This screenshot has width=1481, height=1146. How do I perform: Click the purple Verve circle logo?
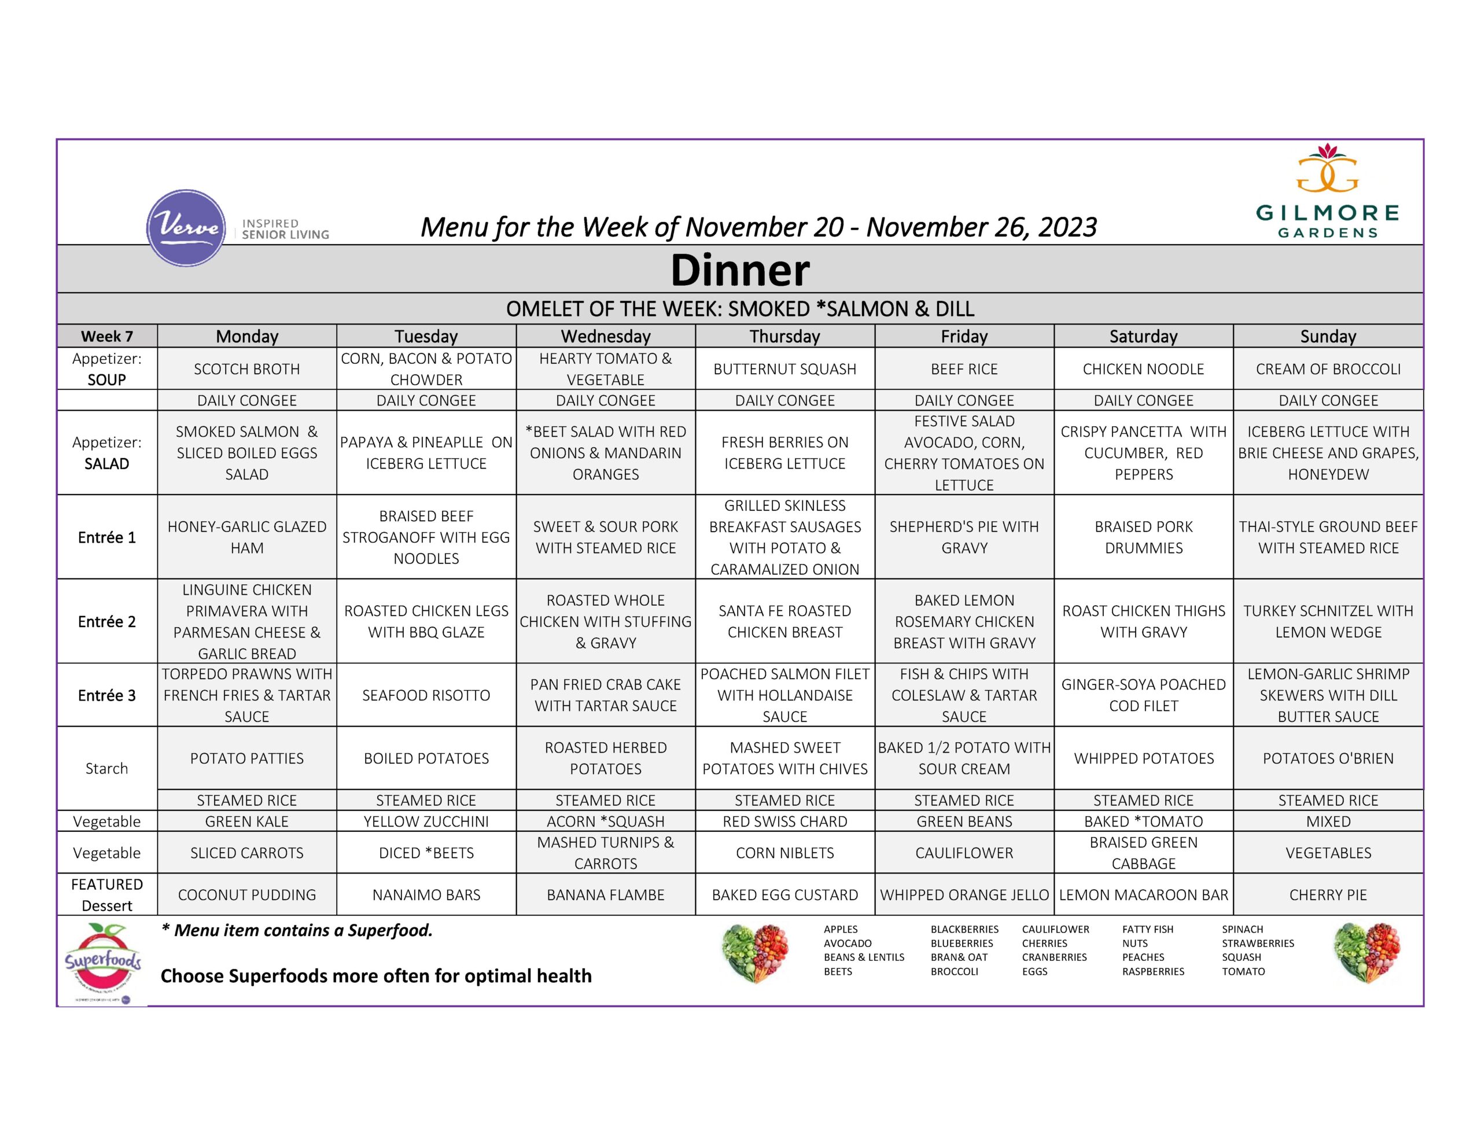[x=186, y=228]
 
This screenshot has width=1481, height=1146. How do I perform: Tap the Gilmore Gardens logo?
[x=1327, y=191]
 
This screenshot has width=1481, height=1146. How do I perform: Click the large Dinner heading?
[x=740, y=270]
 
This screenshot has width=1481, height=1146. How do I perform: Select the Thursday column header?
[x=784, y=336]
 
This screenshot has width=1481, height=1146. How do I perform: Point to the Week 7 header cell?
[x=107, y=336]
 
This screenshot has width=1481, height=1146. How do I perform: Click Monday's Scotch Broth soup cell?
[x=247, y=369]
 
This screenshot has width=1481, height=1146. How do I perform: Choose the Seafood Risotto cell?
[x=426, y=695]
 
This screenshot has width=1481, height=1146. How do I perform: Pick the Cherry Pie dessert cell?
[x=1328, y=894]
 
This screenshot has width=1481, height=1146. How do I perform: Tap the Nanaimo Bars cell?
[x=426, y=894]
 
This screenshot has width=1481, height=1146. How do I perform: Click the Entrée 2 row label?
[x=107, y=621]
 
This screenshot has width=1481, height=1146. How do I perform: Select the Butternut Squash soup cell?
[x=784, y=369]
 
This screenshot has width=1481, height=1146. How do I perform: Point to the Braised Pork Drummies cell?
[x=1143, y=537]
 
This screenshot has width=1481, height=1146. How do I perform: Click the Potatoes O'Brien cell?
[x=1328, y=758]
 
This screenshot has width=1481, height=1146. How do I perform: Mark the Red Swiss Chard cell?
[x=784, y=821]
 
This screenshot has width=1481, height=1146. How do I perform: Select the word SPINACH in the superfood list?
[x=1242, y=929]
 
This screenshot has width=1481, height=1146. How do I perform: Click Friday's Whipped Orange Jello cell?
[x=964, y=894]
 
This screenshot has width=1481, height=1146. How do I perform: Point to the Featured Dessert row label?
[x=107, y=894]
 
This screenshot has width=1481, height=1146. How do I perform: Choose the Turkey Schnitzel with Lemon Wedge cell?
[x=1328, y=621]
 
